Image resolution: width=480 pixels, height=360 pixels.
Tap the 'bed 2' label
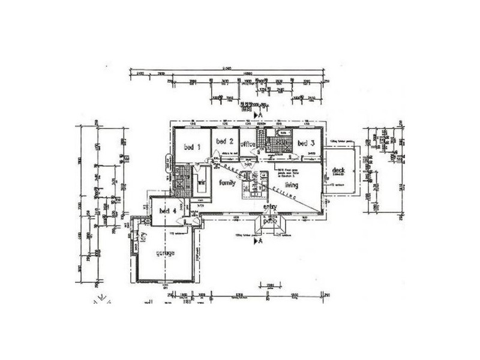coord(224,142)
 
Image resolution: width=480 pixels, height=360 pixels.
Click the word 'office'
coord(248,145)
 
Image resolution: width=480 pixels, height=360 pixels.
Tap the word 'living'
coord(292,187)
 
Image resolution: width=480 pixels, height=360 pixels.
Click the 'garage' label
coord(165,254)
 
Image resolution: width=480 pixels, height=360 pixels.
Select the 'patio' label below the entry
coord(269,221)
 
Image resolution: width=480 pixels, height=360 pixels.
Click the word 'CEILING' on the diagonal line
coord(285,193)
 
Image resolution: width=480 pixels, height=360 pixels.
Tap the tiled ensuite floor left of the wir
coord(182,179)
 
